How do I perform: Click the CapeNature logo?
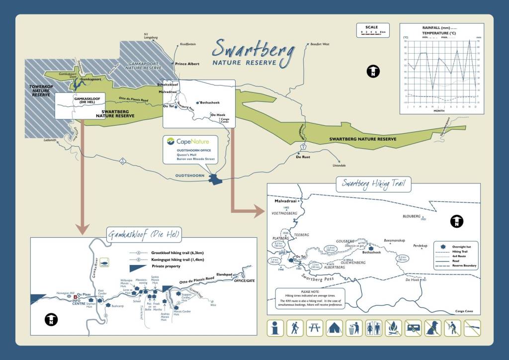point(189,141)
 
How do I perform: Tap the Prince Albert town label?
point(187,64)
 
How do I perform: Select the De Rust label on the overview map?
point(303,157)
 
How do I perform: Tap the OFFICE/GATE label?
point(244,280)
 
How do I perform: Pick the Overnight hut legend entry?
point(463,245)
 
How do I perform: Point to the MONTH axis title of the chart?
point(438,111)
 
